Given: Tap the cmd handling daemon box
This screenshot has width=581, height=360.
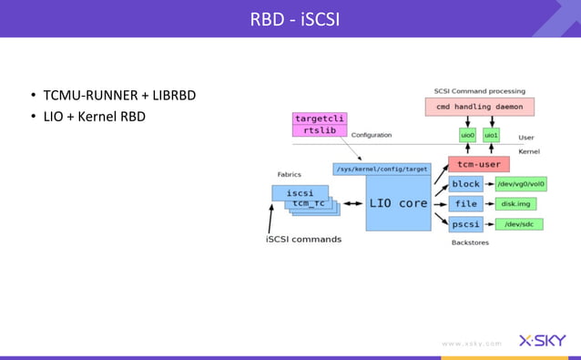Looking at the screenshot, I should coord(479,107).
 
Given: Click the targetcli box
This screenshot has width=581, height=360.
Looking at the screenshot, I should coord(320,118).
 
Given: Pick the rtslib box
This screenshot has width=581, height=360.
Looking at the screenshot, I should coord(320,130).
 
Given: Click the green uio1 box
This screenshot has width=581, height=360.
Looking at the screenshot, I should coord(492,135).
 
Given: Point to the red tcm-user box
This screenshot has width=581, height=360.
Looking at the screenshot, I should coord(477,165).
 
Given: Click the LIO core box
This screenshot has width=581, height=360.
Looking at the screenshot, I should coord(397,203).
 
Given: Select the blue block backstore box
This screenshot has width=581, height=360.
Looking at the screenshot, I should coord(465,184).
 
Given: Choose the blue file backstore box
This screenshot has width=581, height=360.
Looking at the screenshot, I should coord(465,203).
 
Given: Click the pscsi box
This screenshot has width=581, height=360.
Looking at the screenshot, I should coord(465,223).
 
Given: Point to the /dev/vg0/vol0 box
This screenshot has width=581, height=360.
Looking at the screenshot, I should coord(520,184).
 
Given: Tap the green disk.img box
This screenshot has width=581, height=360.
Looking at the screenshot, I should coord(514,203).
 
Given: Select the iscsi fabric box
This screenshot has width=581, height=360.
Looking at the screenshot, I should coord(300,192).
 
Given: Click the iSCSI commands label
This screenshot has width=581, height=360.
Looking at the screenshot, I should coord(303,239).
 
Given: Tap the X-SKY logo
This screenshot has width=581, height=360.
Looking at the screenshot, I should coord(542,341).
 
